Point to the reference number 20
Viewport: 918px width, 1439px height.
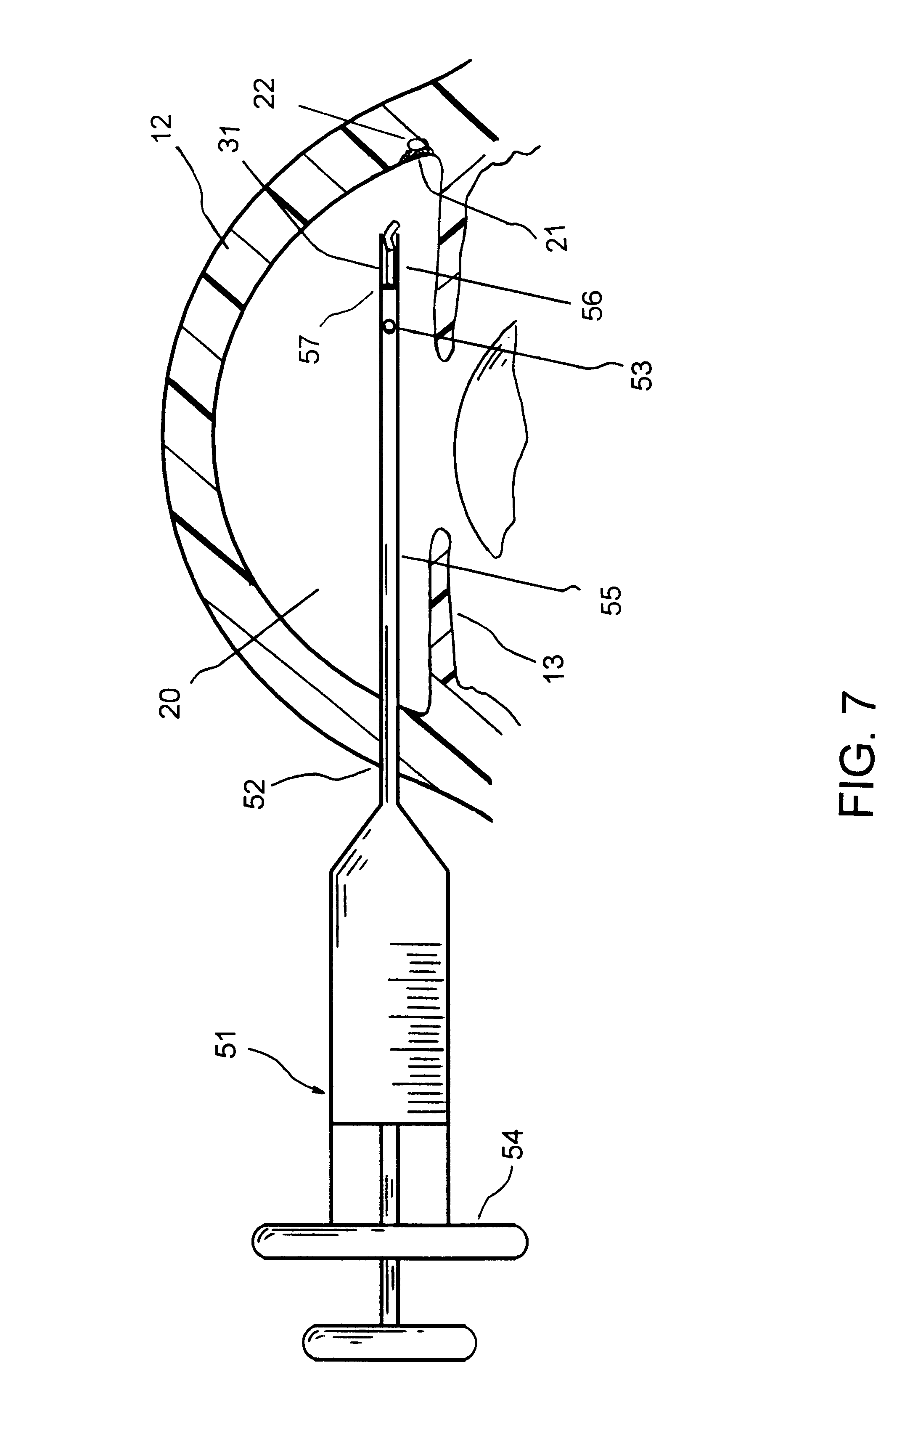click(x=171, y=704)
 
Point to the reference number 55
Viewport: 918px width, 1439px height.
click(x=612, y=600)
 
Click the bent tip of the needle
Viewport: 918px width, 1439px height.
click(x=391, y=229)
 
